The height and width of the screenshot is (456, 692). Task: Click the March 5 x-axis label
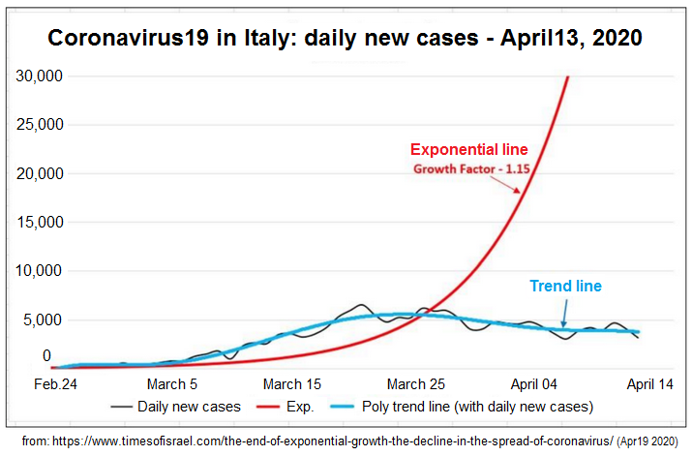pos(173,383)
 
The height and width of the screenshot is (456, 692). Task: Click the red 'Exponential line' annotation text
pos(469,150)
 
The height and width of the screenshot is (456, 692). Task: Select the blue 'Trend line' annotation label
pos(565,287)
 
